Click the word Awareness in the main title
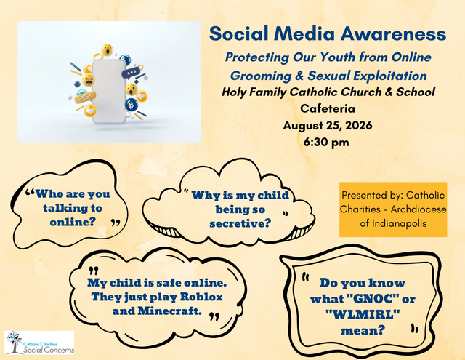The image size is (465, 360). pos(393,33)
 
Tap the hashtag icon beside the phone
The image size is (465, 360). pos(131,105)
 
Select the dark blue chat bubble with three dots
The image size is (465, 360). pos(131,73)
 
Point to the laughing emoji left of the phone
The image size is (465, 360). pos(89,79)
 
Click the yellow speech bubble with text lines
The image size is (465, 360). pos(85,97)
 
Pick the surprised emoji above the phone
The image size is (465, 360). pos(107,50)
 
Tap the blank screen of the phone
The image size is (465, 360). pos(109,92)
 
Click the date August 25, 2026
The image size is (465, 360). pos(328,125)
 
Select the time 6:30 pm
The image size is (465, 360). pos(326,142)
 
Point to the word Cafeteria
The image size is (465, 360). pos(328,108)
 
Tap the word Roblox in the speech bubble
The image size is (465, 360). pos(201,297)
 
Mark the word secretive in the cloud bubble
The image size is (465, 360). pos(240,223)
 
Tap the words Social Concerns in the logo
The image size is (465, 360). pos(49,350)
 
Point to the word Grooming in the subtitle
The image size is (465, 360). pos(261,76)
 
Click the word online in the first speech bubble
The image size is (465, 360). pos(73,222)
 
